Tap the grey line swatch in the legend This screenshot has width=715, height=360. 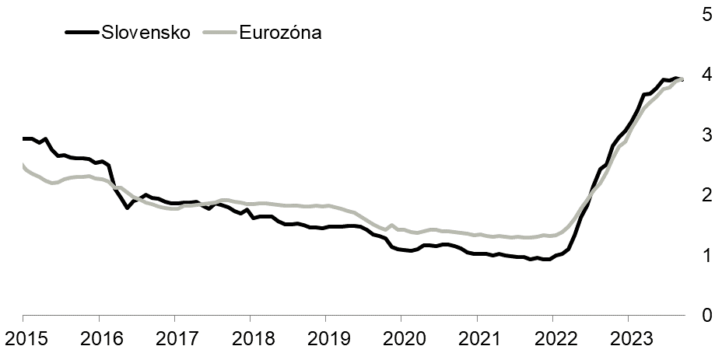click(217, 33)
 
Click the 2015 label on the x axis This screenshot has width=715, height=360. click(23, 341)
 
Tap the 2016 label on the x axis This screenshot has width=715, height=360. click(98, 341)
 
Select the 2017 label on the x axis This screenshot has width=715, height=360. click(174, 341)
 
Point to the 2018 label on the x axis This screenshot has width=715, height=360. click(250, 341)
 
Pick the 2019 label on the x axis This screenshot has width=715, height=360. click(325, 341)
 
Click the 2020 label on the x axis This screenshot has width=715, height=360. click(401, 341)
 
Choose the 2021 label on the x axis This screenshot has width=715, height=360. click(476, 341)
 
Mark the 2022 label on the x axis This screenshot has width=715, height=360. click(552, 341)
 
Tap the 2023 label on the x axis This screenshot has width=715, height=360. click(628, 341)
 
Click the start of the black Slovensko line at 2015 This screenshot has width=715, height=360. click(23, 138)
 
